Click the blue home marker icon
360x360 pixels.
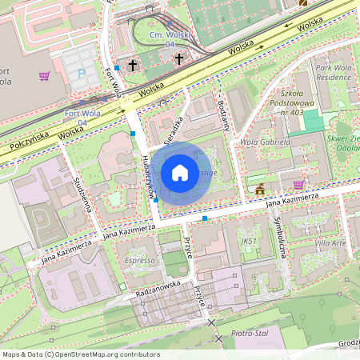pyautogui.click(x=180, y=172)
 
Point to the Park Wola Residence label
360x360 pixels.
pyautogui.click(x=333, y=74)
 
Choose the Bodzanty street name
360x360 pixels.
pyautogui.click(x=223, y=117)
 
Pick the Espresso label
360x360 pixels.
pyautogui.click(x=139, y=261)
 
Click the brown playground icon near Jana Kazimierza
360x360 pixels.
pyautogui.click(x=260, y=190)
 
